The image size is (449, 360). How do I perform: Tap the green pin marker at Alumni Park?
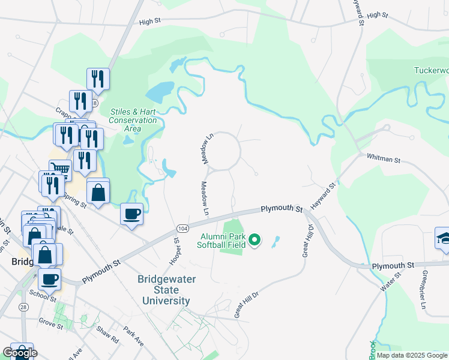click(255, 240)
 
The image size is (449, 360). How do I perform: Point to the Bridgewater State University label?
click(164, 290)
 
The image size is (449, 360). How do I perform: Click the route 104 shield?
click(183, 229)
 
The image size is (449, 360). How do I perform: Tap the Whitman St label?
click(383, 158)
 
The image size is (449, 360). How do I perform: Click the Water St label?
click(390, 283)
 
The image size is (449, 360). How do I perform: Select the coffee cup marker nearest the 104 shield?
click(132, 213)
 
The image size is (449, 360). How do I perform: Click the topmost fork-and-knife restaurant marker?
click(97, 78)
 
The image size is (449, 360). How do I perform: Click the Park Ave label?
click(133, 335)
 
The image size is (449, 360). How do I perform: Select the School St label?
click(42, 296)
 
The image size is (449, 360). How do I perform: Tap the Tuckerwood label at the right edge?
click(431, 70)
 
